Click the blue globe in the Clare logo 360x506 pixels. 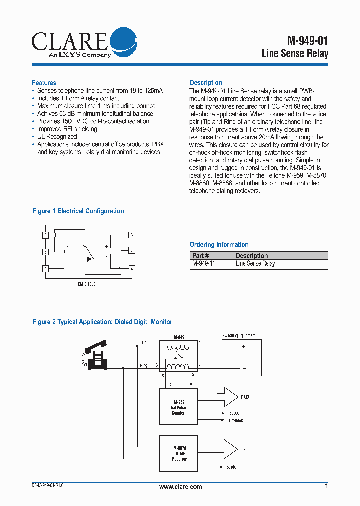[x=122, y=41]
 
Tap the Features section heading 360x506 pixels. [x=44, y=83]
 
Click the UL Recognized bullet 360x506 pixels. [x=57, y=136]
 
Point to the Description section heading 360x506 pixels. [x=206, y=82]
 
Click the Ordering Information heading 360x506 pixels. [x=219, y=244]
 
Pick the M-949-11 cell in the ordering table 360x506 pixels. [x=204, y=264]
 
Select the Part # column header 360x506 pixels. [x=201, y=255]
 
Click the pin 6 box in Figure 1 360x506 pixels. [x=132, y=250]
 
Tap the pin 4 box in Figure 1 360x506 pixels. [x=132, y=268]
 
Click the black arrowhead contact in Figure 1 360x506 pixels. [x=90, y=259]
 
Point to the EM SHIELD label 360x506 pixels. [x=87, y=284]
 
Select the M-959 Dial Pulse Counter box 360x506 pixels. [x=178, y=407]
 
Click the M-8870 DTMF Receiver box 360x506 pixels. [x=178, y=453]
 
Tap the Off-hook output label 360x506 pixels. [x=236, y=421]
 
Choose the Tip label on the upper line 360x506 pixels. [x=144, y=343]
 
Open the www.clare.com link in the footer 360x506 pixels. [x=180, y=487]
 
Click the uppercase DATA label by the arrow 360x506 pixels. [x=245, y=397]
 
